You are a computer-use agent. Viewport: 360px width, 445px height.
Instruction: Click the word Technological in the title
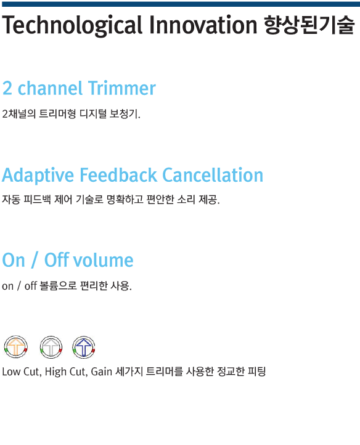(x=72, y=25)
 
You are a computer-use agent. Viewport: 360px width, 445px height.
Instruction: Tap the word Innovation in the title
(x=203, y=25)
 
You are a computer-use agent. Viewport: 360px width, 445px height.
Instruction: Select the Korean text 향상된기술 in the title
(x=309, y=25)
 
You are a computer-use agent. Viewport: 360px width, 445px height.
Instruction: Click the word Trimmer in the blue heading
(x=122, y=88)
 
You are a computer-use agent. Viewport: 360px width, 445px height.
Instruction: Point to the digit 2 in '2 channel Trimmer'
(x=7, y=88)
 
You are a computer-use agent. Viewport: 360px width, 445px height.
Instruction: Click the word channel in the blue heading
(x=50, y=88)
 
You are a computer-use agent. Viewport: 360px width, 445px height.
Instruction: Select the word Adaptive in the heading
(x=38, y=176)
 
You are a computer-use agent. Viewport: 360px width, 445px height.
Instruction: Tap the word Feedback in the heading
(x=118, y=174)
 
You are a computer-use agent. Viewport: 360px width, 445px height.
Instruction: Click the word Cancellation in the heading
(x=213, y=174)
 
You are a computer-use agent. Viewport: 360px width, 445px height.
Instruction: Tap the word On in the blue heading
(x=14, y=260)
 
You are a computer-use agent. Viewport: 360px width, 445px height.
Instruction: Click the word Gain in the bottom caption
(x=101, y=372)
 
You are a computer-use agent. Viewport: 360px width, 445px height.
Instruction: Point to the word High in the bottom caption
(x=55, y=372)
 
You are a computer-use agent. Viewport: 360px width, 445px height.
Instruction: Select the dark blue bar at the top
(x=181, y=4)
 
